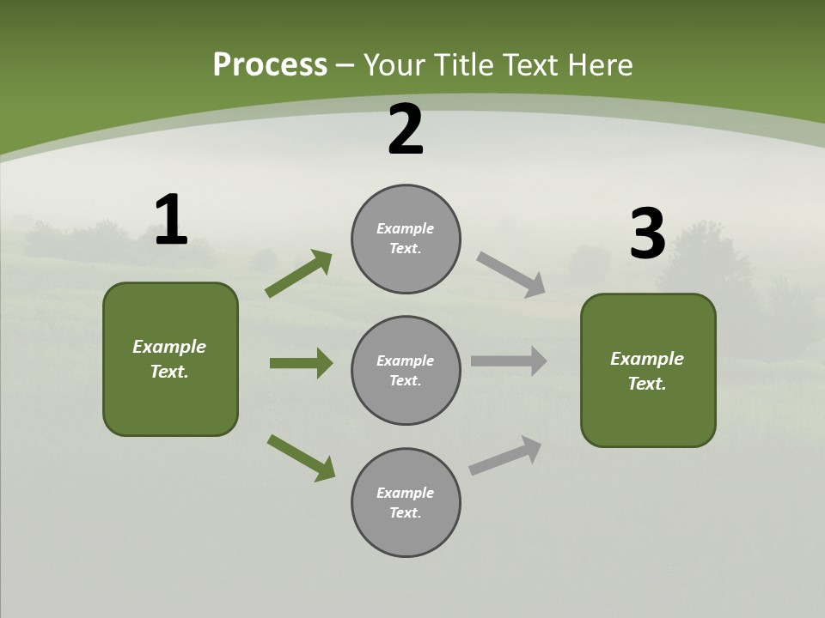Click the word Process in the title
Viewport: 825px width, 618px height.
click(270, 65)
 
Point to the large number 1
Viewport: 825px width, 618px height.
click(171, 221)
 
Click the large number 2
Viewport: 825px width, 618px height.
click(406, 130)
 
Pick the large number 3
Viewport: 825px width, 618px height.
click(647, 234)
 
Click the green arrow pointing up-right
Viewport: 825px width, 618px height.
click(299, 274)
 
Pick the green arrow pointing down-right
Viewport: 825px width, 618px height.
click(301, 457)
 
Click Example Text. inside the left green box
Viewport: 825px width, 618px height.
click(169, 359)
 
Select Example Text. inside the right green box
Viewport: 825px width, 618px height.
click(647, 371)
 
